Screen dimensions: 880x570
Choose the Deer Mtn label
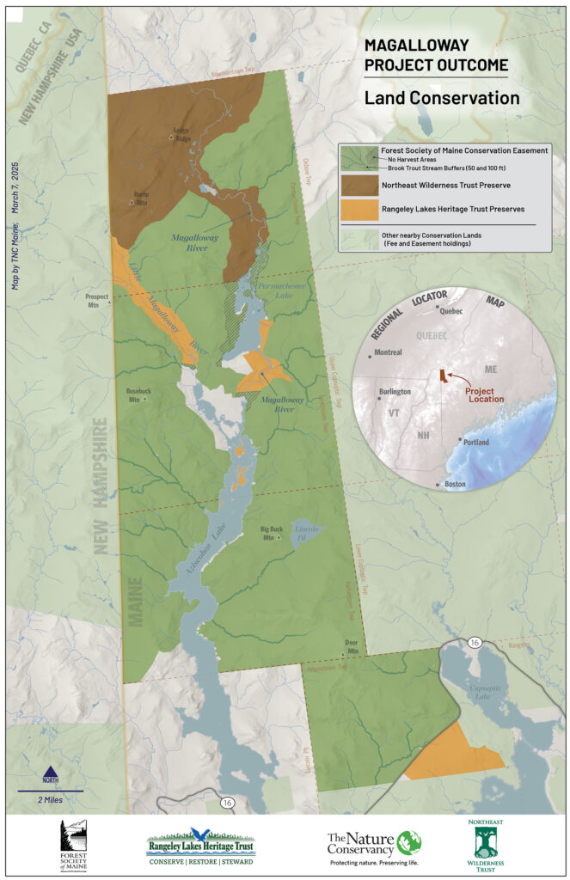click(x=351, y=644)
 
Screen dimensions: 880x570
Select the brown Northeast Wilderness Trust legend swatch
click(x=359, y=185)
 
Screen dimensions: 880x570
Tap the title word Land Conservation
click(x=441, y=98)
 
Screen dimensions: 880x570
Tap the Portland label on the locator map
click(x=475, y=442)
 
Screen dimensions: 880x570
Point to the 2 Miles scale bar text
click(x=49, y=800)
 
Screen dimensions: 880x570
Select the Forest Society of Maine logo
click(x=73, y=846)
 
